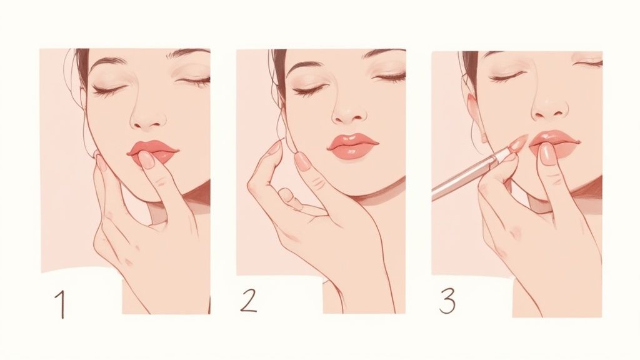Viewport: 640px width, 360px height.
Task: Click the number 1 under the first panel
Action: tap(60, 304)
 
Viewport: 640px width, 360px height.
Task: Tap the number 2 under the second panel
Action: tap(248, 301)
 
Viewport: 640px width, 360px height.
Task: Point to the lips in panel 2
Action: tap(352, 145)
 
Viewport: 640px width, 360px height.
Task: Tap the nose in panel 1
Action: tap(149, 117)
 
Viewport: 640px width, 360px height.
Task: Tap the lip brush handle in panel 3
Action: tap(462, 178)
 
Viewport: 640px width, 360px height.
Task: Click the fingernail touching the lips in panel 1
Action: tap(146, 159)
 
